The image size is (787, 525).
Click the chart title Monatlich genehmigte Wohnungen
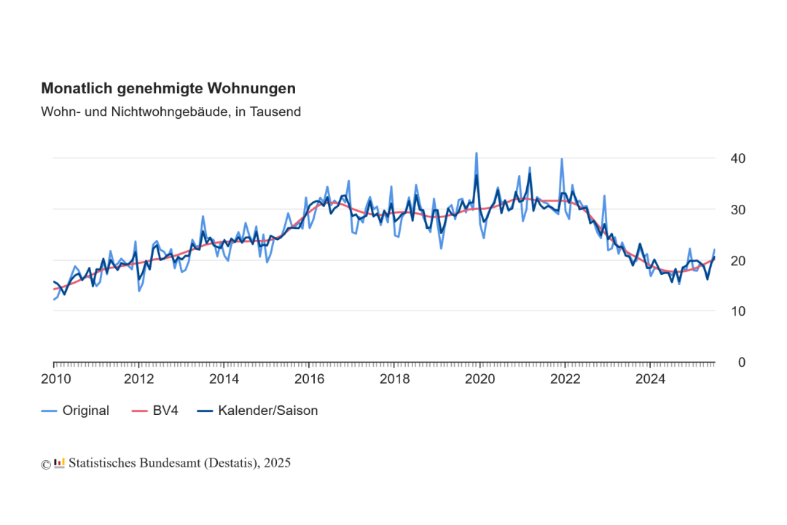[x=168, y=88]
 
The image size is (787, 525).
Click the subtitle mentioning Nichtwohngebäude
[x=171, y=112]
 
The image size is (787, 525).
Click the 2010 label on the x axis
[x=55, y=378]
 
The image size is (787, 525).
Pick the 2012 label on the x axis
[x=139, y=378]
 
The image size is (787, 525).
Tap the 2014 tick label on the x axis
[x=224, y=378]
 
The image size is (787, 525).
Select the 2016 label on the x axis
[x=309, y=378]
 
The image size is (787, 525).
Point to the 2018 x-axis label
[x=394, y=378]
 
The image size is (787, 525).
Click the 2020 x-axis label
[x=479, y=378]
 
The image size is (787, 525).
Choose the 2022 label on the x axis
[x=565, y=378]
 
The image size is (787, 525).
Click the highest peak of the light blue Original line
[x=477, y=153]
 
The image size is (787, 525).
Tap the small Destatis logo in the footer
[x=60, y=463]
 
